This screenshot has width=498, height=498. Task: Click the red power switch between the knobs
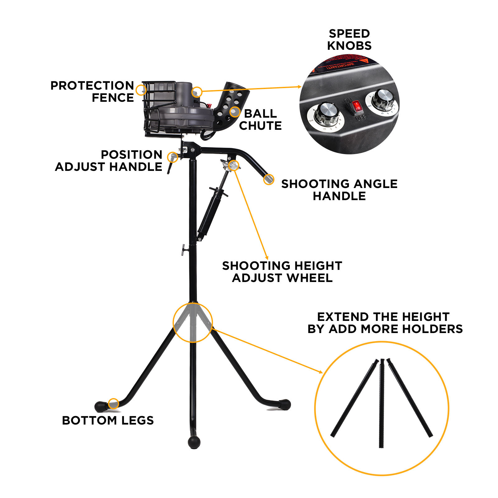pyautogui.click(x=357, y=106)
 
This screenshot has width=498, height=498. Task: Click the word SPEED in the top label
pyautogui.click(x=349, y=34)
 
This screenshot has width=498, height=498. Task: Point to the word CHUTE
pyautogui.click(x=260, y=126)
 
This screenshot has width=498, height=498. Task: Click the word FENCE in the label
pyautogui.click(x=113, y=98)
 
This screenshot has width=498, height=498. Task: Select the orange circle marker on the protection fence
pyautogui.click(x=141, y=90)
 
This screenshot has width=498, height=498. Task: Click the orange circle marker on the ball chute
pyautogui.click(x=235, y=112)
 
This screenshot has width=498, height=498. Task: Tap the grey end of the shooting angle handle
pyautogui.click(x=269, y=179)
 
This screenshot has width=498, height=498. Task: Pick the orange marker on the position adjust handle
pyautogui.click(x=172, y=157)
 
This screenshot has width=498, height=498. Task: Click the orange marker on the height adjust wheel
pyautogui.click(x=233, y=165)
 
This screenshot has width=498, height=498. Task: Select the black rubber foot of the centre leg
pyautogui.click(x=194, y=441)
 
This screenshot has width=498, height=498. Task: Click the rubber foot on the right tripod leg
pyautogui.click(x=285, y=404)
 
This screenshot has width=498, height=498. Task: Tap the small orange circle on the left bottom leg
pyautogui.click(x=114, y=403)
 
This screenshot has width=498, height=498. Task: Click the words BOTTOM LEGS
pyautogui.click(x=108, y=420)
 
